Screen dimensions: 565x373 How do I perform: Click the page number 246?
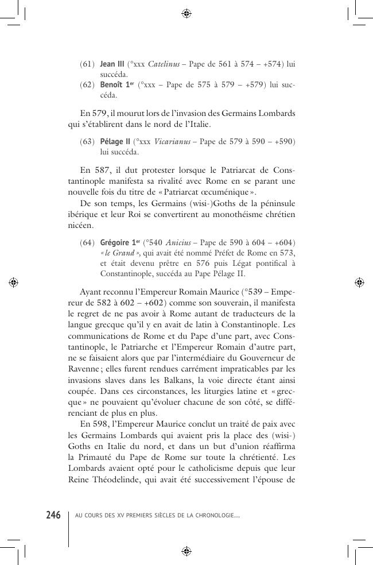tap(53, 515)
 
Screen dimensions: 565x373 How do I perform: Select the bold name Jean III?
tap(112, 64)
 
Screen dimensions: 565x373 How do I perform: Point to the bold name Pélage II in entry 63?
tap(115, 142)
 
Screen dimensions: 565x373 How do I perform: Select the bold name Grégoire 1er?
tap(120, 242)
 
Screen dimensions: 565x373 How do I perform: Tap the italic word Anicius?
tap(178, 242)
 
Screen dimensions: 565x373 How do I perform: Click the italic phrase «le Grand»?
tap(120, 253)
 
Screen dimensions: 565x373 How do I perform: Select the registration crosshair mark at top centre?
tap(186, 13)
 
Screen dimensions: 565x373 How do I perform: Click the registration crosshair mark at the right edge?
tap(359, 282)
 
